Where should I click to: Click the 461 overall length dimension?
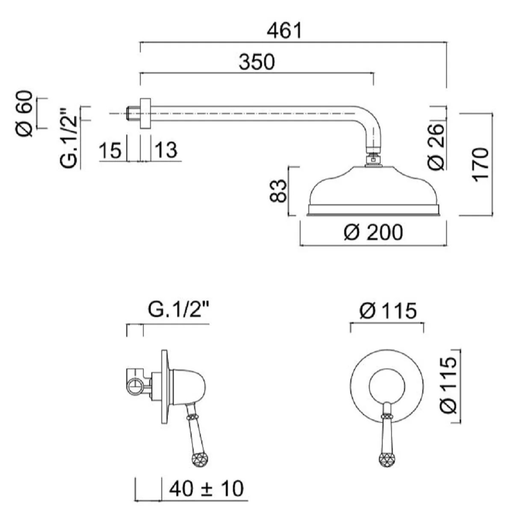284,31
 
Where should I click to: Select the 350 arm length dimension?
256,62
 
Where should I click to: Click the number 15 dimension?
110,151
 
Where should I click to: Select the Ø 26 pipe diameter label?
436,147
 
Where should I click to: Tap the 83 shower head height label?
278,191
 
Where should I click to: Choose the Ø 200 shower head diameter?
373,233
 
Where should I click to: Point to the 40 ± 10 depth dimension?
206,488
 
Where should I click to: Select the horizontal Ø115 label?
388,311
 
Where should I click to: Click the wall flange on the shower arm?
145,113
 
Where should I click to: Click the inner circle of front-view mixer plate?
387,384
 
